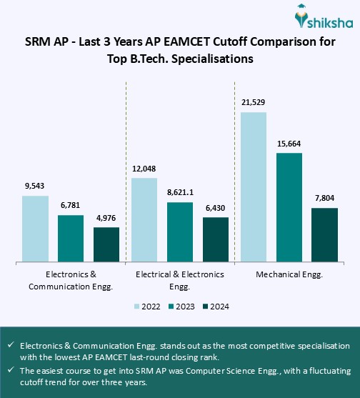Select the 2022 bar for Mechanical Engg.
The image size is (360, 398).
coord(259,187)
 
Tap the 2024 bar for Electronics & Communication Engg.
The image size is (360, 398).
coord(106,244)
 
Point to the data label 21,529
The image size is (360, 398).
coord(253,103)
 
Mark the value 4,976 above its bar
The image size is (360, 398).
coord(106,218)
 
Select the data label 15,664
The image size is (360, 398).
coord(289,144)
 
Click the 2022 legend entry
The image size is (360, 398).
coord(146,307)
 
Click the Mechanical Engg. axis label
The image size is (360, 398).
coord(289,274)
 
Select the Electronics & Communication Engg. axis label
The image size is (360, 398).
coord(71,280)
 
